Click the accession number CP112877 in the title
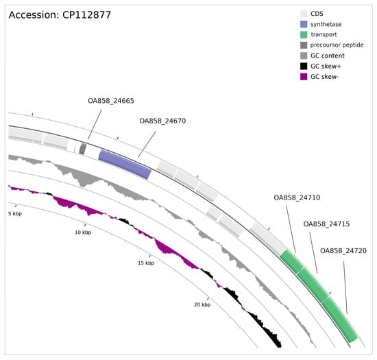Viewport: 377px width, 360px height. [86, 15]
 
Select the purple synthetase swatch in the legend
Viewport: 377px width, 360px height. [304, 24]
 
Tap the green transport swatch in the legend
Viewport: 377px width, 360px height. [304, 35]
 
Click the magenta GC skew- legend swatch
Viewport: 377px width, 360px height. [304, 77]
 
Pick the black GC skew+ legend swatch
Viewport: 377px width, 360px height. [304, 66]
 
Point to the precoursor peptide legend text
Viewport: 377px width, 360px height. [337, 45]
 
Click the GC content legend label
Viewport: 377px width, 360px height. [328, 56]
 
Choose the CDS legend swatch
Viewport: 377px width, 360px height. [304, 14]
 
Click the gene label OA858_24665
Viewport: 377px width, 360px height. [111, 101]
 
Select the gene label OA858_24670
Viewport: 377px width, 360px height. [162, 121]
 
